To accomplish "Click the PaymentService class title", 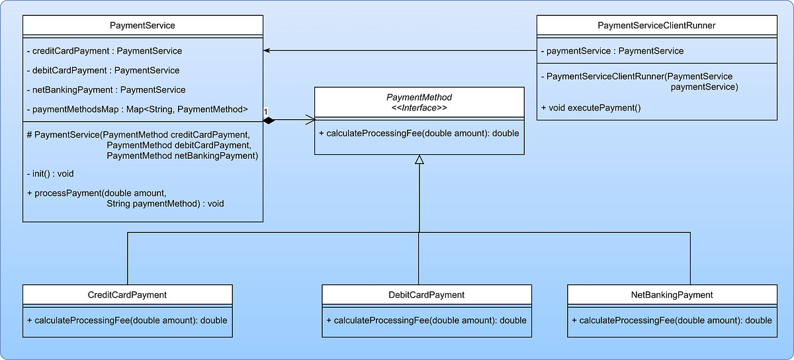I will (143, 25).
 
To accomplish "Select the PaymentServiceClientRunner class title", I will (656, 25).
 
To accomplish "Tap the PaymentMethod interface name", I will (419, 97).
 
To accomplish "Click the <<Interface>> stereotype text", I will (419, 108).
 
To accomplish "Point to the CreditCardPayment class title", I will (127, 294).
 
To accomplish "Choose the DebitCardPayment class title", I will (426, 294).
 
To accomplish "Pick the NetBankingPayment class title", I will (672, 294).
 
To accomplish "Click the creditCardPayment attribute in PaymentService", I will (105, 50).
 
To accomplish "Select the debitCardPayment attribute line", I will (103, 70).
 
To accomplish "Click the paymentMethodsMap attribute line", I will (138, 109).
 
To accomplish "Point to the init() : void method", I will (50, 173).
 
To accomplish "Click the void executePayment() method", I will (591, 107).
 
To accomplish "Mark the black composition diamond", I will (268, 120).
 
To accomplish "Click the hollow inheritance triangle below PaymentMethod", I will (419, 159).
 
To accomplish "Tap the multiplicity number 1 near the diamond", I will (265, 111).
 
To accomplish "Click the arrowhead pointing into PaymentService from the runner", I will (267, 50).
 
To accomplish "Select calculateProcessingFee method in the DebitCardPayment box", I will (426, 320).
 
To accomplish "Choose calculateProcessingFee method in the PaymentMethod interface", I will (419, 133).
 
